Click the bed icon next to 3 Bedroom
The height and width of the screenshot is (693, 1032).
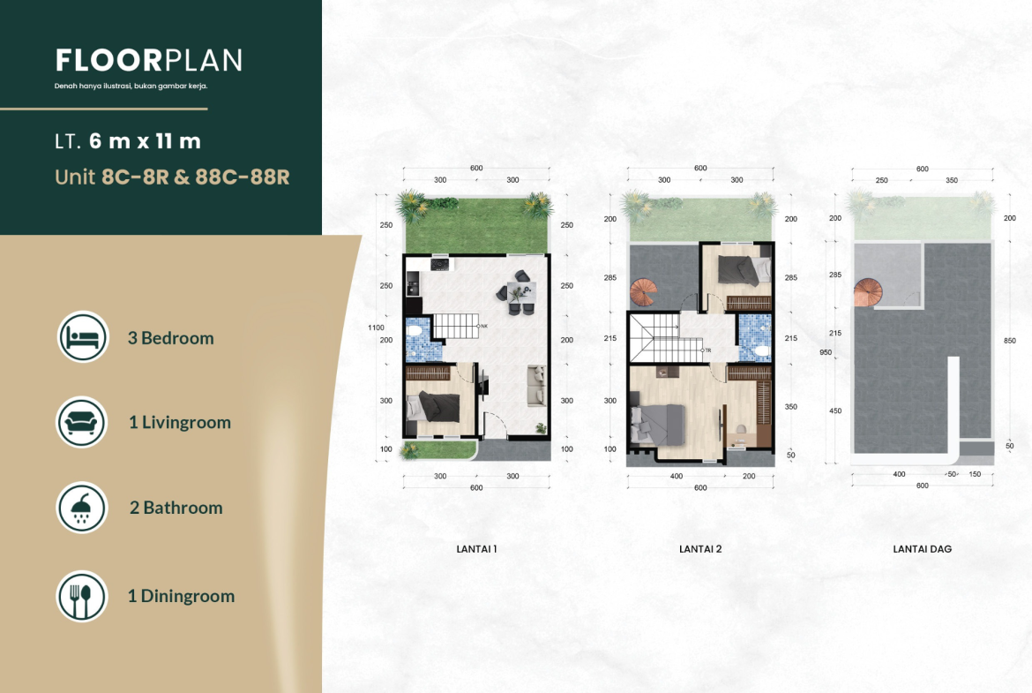(x=83, y=336)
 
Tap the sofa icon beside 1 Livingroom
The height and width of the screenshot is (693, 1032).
(x=82, y=422)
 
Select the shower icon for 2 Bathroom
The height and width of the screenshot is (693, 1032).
(x=82, y=508)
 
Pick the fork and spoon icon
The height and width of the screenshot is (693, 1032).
(x=82, y=596)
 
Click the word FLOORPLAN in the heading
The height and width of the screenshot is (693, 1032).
(x=149, y=60)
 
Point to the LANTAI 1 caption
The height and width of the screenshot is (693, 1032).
(x=476, y=549)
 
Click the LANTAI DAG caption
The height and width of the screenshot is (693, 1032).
(x=922, y=549)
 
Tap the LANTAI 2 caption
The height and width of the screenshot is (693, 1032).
(x=700, y=549)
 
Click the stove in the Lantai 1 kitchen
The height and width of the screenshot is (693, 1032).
(x=439, y=264)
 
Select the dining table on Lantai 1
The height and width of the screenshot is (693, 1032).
(x=521, y=292)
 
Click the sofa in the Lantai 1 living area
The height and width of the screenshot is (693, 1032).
(x=537, y=386)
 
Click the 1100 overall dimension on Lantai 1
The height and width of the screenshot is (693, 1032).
(x=376, y=328)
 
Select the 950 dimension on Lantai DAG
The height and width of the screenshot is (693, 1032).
(x=826, y=352)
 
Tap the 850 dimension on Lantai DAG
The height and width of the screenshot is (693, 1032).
(x=1010, y=341)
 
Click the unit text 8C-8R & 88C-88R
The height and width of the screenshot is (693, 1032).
(x=196, y=177)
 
